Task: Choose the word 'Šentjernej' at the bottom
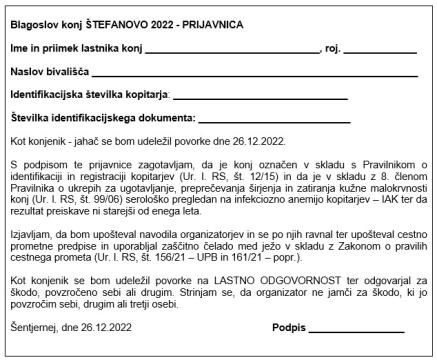click(33, 327)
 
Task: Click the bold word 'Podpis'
click(287, 327)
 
